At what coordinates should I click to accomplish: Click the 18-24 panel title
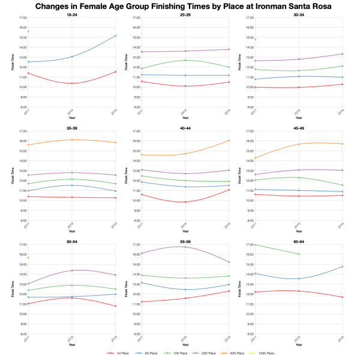coord(71,15)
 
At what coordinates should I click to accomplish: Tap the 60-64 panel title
coord(298,241)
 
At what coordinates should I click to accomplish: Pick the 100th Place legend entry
coord(263,354)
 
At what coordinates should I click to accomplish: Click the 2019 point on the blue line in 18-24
coord(115,35)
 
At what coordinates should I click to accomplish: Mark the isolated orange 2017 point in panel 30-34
coord(255,40)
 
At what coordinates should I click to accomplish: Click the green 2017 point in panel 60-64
coord(255,244)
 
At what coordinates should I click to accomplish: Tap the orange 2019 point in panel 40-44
coord(229,140)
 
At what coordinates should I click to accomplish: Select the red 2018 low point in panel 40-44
coord(185,202)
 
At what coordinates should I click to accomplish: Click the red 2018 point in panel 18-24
coord(71,83)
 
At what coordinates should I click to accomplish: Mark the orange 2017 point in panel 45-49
coord(255,158)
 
